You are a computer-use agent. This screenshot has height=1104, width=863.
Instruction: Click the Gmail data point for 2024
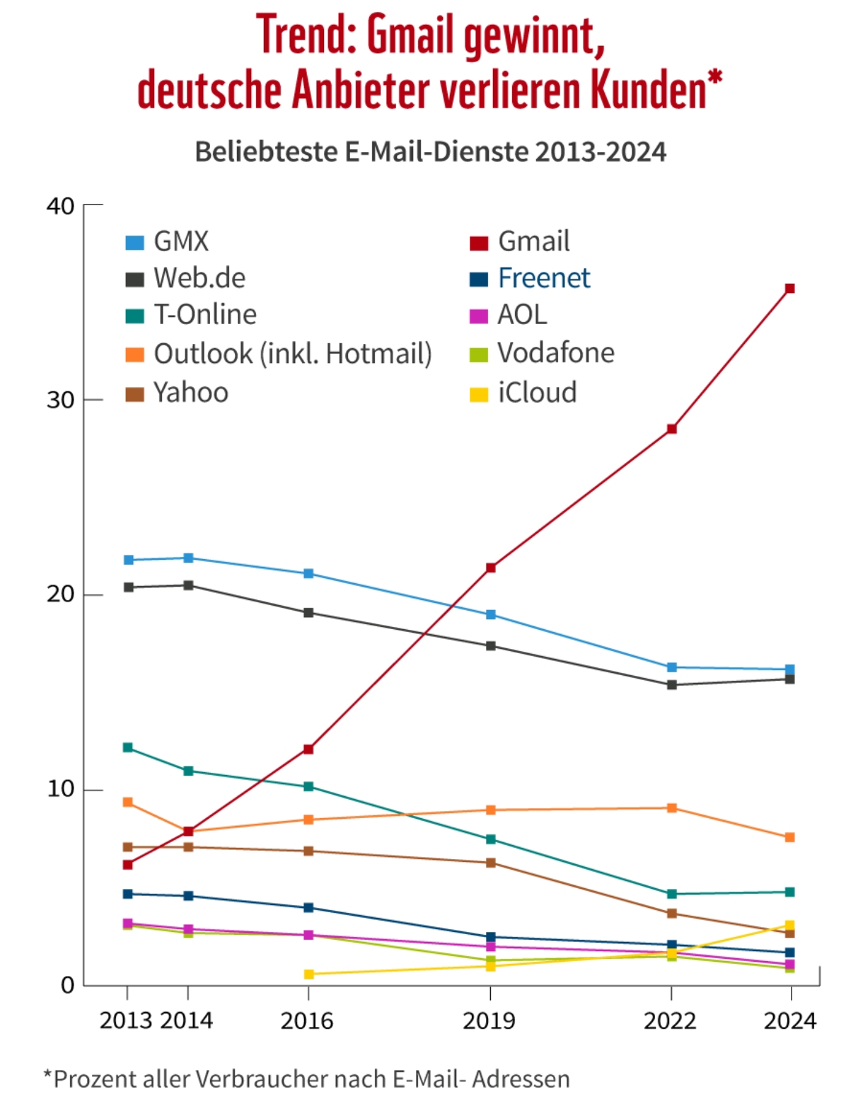click(x=790, y=289)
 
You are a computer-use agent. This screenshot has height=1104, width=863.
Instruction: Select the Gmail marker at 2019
click(x=491, y=568)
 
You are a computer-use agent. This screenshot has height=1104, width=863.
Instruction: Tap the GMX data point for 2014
click(x=188, y=558)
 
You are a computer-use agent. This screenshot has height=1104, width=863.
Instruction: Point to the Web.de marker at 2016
click(x=308, y=613)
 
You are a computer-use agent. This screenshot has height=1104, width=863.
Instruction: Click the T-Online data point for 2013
click(x=128, y=748)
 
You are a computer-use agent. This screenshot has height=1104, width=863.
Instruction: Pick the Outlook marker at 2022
click(x=672, y=808)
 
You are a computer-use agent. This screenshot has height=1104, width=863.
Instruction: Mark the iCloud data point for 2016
click(x=308, y=974)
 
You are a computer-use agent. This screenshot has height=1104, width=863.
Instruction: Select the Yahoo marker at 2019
click(x=491, y=863)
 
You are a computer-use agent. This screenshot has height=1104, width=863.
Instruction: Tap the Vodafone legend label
click(x=556, y=352)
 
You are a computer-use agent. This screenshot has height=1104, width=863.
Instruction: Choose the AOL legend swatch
click(x=479, y=316)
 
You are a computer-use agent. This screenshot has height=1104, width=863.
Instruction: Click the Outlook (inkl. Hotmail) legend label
click(x=292, y=353)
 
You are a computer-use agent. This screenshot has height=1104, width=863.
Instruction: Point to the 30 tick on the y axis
click(x=61, y=400)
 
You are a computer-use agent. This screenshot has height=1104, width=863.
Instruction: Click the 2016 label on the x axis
click(x=307, y=1020)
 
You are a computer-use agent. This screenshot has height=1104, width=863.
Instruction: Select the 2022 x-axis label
click(x=670, y=1020)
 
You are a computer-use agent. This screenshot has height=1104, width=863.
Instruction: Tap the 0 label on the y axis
click(x=68, y=984)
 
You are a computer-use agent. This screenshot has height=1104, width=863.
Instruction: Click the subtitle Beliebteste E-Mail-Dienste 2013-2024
click(x=430, y=152)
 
